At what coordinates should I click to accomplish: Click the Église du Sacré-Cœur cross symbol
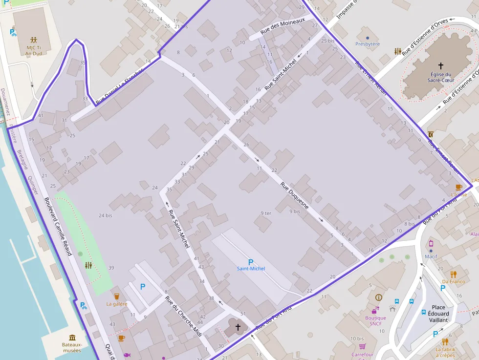coord(440,65)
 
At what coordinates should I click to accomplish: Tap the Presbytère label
coord(368,44)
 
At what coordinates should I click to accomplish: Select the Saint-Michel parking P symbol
coord(251,262)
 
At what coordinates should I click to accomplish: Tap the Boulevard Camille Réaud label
coord(58,226)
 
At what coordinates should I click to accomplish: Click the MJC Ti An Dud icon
coord(34,40)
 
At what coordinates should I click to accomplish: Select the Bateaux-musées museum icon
coord(72,338)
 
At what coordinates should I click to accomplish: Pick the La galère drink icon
coord(116,296)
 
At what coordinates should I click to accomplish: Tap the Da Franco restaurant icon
coord(454,274)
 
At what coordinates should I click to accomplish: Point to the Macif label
coord(431,256)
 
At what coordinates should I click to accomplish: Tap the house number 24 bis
coord(105,215)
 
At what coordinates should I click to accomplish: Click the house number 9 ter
coord(265,213)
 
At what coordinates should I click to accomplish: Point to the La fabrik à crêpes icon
coord(445,341)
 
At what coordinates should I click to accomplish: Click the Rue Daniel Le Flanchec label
coord(120,86)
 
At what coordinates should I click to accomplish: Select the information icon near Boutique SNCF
coord(378,297)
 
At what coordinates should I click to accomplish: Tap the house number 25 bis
coord(328,41)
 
